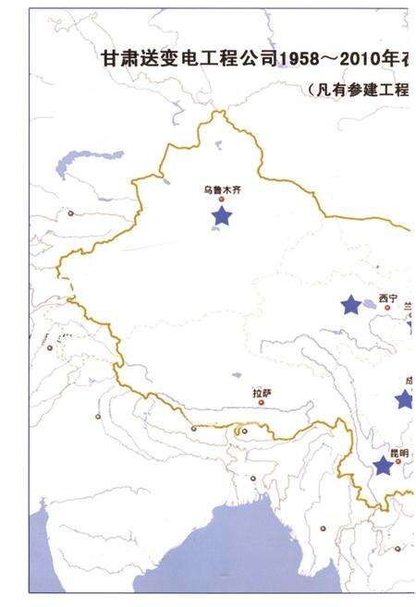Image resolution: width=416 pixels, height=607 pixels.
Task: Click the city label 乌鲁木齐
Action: coord(221,189)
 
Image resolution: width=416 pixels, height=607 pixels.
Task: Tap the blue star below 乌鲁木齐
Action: coord(222,216)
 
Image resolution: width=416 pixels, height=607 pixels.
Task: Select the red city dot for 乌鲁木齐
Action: coord(222,199)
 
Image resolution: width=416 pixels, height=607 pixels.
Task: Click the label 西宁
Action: coord(387,299)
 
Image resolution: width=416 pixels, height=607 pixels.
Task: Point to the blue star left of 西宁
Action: coord(350,304)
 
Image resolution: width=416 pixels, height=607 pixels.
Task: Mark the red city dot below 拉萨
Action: coord(262,402)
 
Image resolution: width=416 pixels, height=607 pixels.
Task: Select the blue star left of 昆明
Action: coord(383,467)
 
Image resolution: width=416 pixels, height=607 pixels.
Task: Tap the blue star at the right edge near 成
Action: coord(404,399)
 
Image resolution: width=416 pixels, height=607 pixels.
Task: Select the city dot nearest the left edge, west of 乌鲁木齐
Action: coord(71,213)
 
